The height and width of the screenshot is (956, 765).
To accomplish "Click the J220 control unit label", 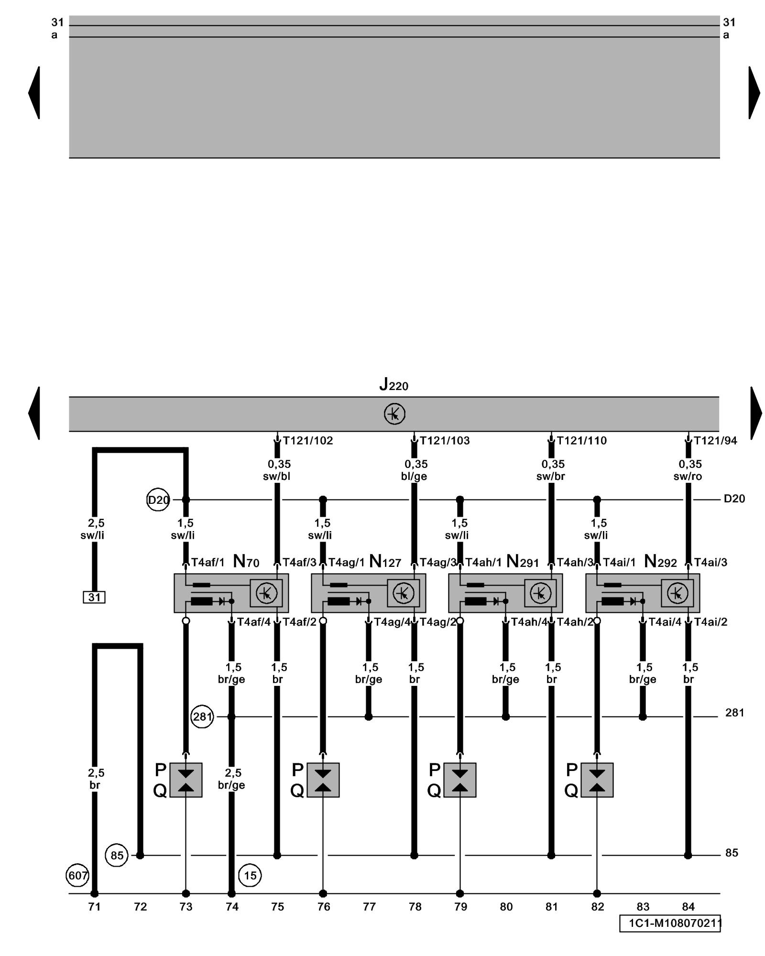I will click(393, 384).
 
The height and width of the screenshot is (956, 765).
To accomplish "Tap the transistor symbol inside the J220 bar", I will click(394, 413).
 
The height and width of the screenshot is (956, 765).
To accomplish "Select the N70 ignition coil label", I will click(246, 562).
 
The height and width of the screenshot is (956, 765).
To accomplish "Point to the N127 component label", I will click(385, 562).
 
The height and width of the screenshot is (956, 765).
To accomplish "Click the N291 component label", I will click(522, 562).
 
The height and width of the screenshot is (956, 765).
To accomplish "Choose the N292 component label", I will click(660, 562).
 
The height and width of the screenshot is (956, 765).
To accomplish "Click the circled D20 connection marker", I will click(158, 500).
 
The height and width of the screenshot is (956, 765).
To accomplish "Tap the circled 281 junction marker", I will click(202, 717).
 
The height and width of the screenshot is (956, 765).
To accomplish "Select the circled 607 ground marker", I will click(77, 876).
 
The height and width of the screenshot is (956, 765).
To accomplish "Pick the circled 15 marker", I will click(250, 876).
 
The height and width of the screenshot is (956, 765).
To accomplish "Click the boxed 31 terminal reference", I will click(94, 597).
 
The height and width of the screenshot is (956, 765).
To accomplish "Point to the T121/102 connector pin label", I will click(308, 441).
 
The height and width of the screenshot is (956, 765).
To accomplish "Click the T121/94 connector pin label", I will click(715, 441).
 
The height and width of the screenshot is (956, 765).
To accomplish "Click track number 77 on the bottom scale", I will click(369, 907).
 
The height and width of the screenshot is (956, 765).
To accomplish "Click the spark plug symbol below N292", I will click(597, 780).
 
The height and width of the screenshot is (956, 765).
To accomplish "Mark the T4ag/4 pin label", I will click(392, 622).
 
